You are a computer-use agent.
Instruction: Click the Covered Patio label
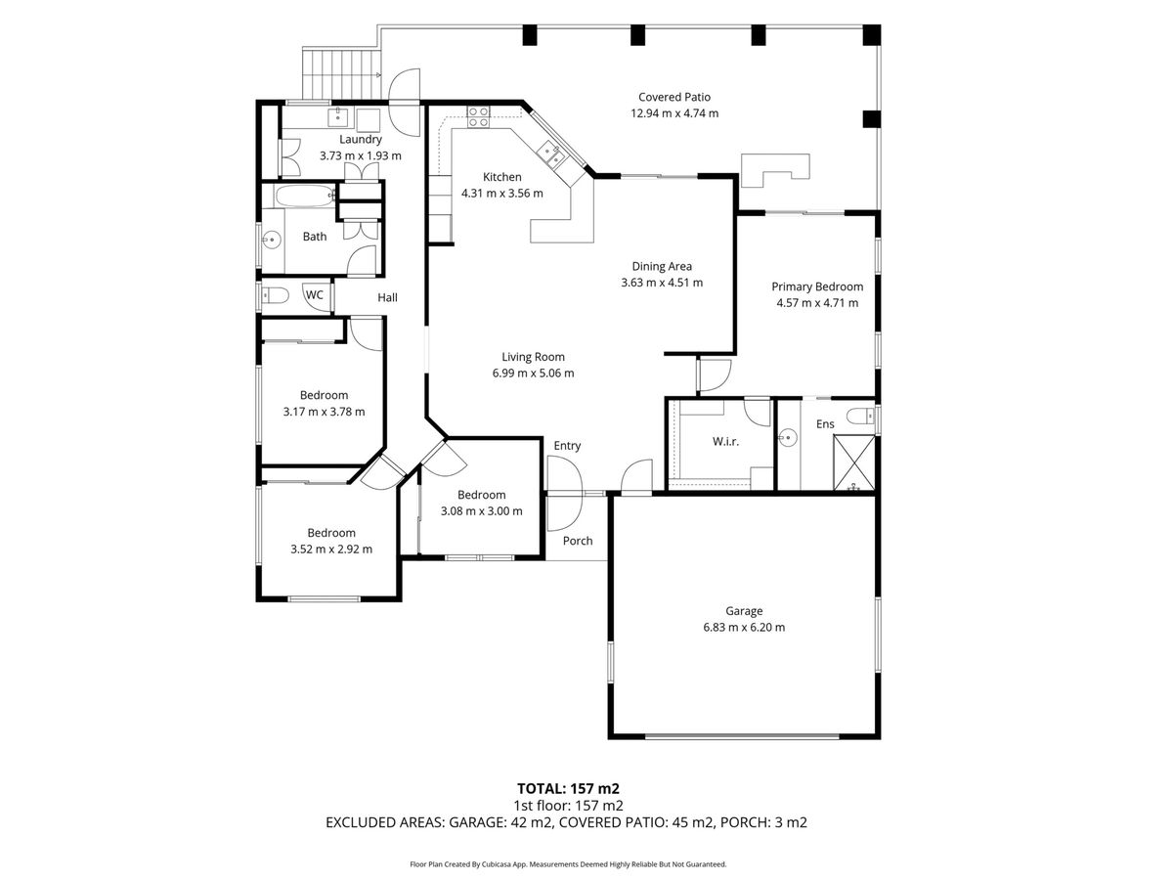674,97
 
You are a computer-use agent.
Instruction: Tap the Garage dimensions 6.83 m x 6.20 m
744,628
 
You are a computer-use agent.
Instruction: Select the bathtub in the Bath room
305,196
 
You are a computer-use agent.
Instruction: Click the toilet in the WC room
276,295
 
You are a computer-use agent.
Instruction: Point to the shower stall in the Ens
854,462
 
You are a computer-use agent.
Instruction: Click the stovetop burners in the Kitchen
478,117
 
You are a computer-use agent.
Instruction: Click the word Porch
578,541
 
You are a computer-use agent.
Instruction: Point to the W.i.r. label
725,442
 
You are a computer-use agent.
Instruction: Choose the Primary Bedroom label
817,286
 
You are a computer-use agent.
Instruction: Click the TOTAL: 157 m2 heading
568,789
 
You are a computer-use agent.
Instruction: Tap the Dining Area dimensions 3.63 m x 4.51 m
662,283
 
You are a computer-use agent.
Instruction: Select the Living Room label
533,357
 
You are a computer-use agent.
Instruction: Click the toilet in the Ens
860,416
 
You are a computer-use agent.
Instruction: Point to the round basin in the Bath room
272,240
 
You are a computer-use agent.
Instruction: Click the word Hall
387,297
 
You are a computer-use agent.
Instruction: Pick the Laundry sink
338,116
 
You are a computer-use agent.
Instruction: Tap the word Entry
567,446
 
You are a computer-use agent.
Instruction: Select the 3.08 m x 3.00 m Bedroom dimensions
482,511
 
